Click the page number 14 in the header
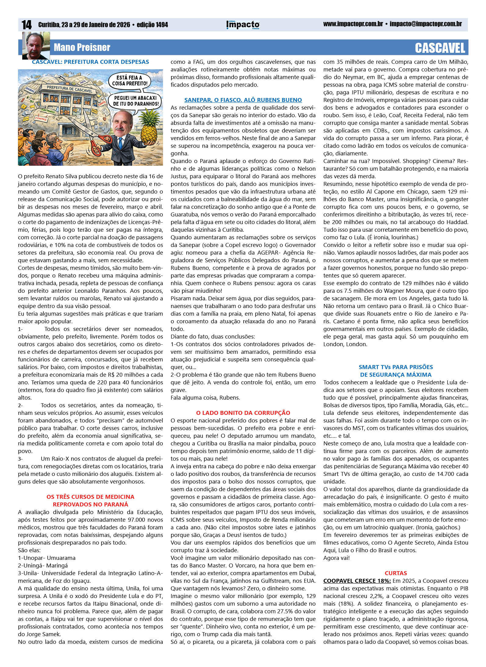[27, 25]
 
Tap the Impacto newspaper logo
[243, 25]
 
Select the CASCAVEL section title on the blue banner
[440, 48]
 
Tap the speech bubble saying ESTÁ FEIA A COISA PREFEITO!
[130, 81]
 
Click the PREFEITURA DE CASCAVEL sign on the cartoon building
[69, 89]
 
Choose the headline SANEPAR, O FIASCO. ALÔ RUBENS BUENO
[243, 100]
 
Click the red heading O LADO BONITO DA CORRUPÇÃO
[243, 413]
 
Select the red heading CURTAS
[395, 573]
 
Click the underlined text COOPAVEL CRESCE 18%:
[357, 581]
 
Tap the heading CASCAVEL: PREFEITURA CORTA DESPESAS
[90, 62]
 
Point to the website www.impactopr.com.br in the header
[353, 24]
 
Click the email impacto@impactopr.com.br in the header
[426, 24]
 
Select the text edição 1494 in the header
[152, 25]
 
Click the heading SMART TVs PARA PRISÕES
[395, 367]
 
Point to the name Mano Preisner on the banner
[82, 48]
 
